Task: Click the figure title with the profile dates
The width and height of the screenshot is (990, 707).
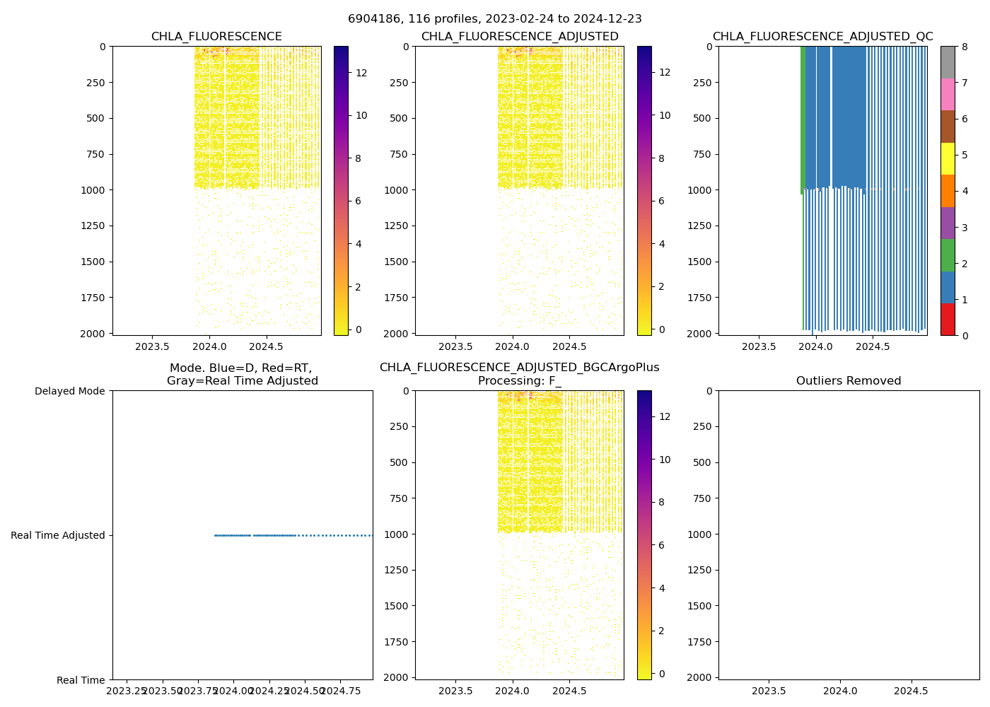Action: (x=495, y=19)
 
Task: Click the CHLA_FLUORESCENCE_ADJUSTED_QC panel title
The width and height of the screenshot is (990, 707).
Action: (x=822, y=37)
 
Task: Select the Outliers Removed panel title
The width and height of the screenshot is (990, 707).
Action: (x=849, y=381)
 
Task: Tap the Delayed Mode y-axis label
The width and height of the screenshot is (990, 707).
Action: (x=69, y=391)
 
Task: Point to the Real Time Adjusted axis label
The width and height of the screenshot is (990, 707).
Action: (x=58, y=535)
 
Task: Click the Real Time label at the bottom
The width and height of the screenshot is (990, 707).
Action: (x=81, y=680)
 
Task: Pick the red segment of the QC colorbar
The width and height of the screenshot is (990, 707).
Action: (x=948, y=319)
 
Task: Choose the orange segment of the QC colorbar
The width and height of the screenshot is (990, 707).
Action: (x=948, y=191)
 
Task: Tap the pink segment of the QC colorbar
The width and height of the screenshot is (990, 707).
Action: (x=948, y=94)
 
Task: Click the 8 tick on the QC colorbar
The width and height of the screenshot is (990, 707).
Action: (x=965, y=47)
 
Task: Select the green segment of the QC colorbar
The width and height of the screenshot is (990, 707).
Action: (x=948, y=255)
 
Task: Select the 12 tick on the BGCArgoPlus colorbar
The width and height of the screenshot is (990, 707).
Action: (x=665, y=417)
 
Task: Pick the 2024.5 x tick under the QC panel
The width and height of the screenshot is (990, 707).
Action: (x=873, y=346)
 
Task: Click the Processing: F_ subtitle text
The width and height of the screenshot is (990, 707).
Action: (x=519, y=381)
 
